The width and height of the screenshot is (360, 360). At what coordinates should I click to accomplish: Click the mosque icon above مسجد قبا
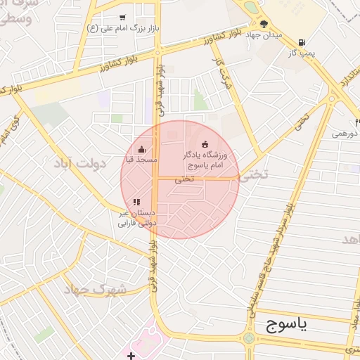(142, 149)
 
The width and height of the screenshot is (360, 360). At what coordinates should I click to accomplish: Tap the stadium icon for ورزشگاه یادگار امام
(205, 145)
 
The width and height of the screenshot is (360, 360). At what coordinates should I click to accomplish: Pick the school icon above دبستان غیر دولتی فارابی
(136, 202)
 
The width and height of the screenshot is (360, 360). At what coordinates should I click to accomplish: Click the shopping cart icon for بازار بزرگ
(122, 18)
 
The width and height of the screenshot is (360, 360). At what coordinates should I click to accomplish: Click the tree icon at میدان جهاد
(264, 23)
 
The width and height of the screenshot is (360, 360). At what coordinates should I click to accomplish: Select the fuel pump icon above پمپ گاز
(302, 42)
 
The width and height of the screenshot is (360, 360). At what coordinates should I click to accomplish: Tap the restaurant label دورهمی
(344, 133)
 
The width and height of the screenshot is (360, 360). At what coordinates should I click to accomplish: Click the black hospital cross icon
(131, 356)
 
